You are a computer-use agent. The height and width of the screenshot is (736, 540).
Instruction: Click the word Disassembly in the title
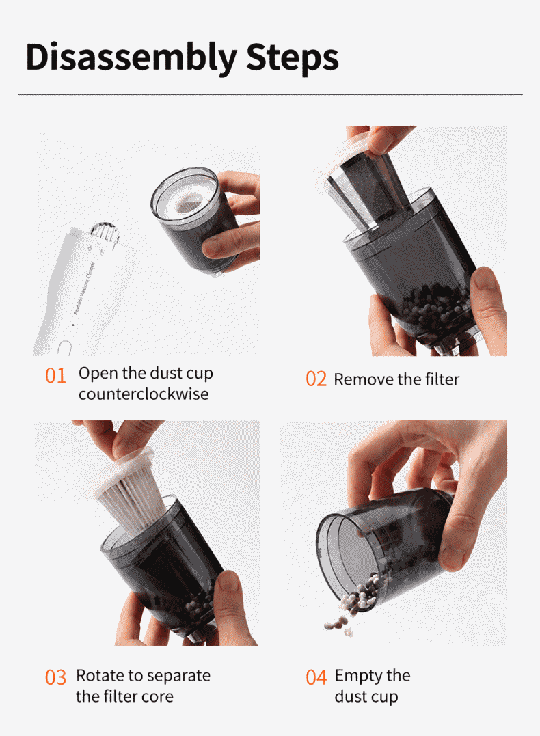(x=131, y=58)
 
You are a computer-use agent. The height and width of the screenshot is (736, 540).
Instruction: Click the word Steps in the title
(x=292, y=57)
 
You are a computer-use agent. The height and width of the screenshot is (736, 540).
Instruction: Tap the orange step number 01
(x=55, y=376)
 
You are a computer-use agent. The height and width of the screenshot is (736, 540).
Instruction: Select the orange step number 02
(x=316, y=379)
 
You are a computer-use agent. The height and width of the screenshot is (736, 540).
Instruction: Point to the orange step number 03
(x=55, y=678)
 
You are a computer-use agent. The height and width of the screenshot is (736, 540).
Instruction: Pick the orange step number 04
(x=316, y=678)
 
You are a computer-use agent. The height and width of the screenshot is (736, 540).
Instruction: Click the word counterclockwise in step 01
(x=144, y=394)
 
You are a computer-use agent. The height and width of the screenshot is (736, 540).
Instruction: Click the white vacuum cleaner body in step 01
(x=85, y=291)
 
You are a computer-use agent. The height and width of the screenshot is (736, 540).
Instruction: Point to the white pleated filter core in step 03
(x=131, y=498)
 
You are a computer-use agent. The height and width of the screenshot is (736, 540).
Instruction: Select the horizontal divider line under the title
(x=271, y=95)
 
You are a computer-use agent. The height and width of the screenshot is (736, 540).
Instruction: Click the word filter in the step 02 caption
(x=442, y=379)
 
